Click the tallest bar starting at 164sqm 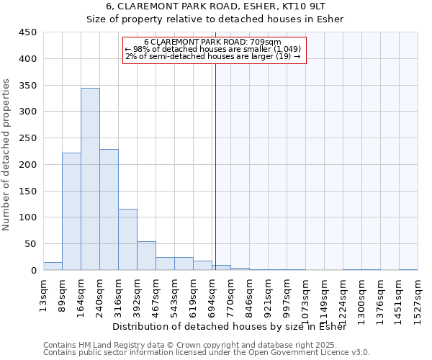pos(90,179)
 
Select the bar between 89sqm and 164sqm pos(71,212)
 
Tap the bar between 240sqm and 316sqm pos(109,210)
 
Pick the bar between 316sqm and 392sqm pos(127,240)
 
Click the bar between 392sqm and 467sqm pos(146,256)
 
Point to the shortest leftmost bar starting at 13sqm pos(53,266)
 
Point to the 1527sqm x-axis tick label pos(418,296)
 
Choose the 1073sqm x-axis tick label pos(305,296)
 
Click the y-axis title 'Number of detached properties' pos(6,155)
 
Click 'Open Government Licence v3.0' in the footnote pos(314,353)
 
